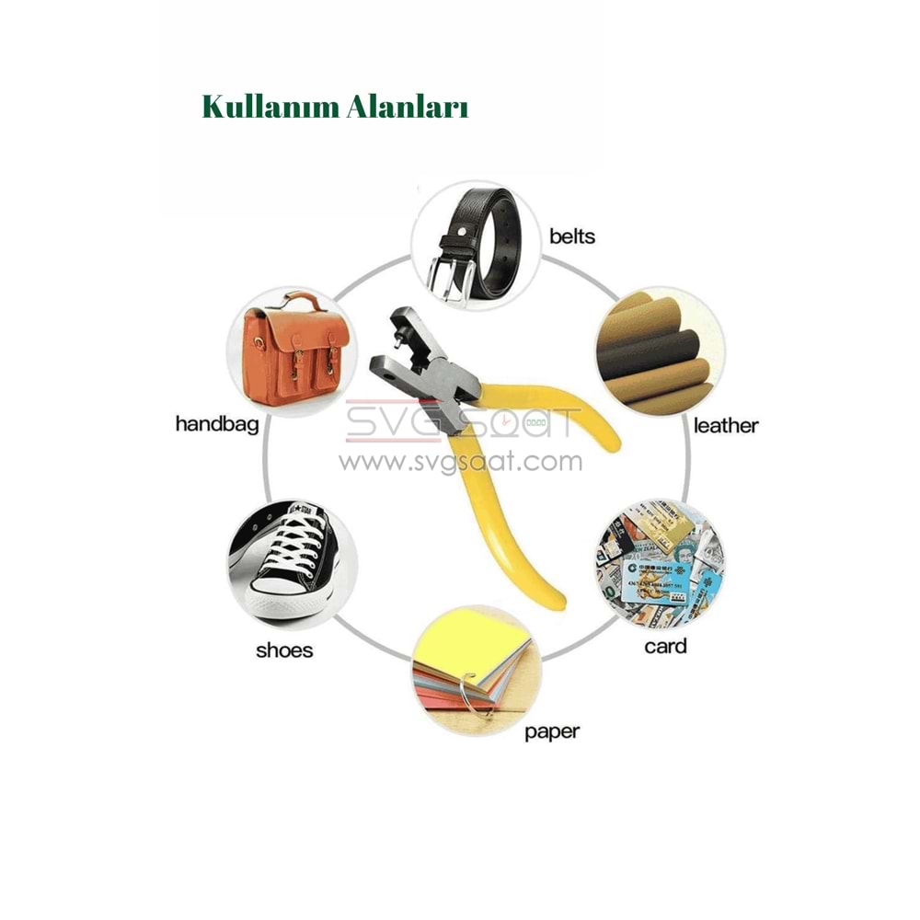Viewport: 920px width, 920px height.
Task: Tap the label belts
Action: tap(572, 236)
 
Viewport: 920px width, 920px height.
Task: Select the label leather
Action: tap(726, 425)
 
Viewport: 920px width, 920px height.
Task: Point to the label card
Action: tap(665, 646)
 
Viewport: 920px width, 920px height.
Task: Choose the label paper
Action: tap(552, 732)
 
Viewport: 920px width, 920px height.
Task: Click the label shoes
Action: tap(284, 650)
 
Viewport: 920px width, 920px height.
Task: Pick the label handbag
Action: tap(217, 424)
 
